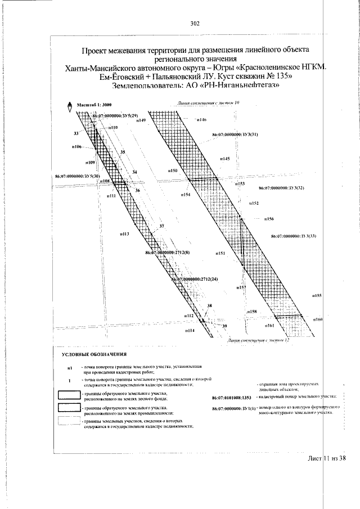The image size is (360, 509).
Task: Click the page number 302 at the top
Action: pyautogui.click(x=195, y=24)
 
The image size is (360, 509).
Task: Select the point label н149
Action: pyautogui.click(x=141, y=121)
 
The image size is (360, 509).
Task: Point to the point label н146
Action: pyautogui.click(x=202, y=120)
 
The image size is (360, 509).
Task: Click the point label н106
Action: pyautogui.click(x=78, y=147)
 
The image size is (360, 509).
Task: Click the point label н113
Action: pyautogui.click(x=124, y=233)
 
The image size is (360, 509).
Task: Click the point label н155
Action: pyautogui.click(x=317, y=295)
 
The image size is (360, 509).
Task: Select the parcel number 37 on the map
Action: pyautogui.click(x=162, y=226)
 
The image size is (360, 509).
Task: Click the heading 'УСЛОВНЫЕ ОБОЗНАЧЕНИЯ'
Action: pyautogui.click(x=94, y=355)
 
